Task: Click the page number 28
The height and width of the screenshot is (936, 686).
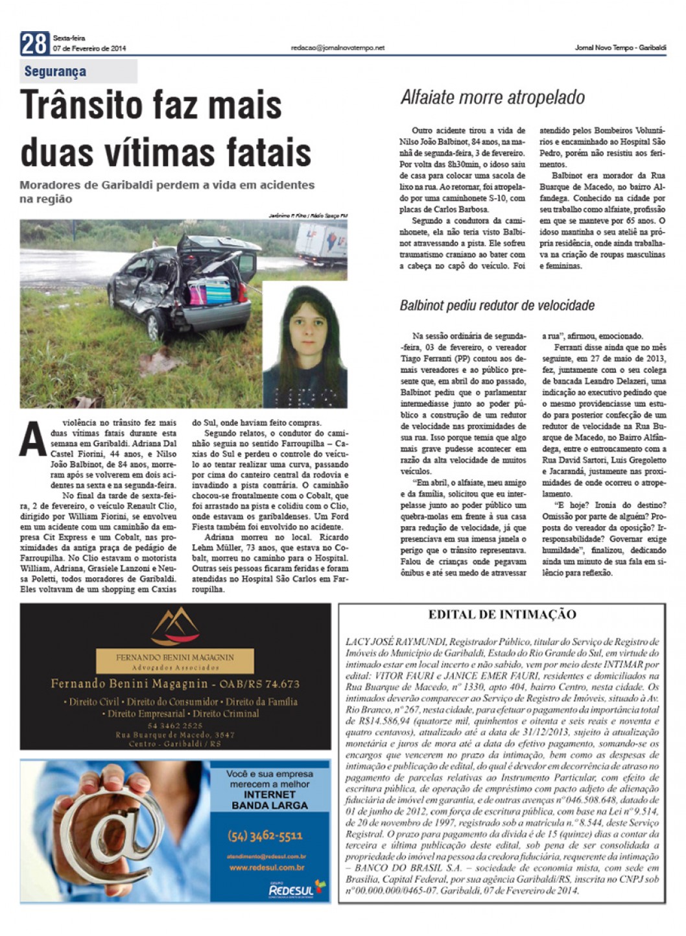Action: point(34,43)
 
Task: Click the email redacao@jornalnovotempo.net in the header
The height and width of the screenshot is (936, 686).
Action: point(337,48)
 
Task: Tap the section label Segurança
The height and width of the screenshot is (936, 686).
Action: point(55,71)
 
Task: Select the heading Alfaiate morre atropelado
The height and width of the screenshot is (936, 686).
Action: point(492,97)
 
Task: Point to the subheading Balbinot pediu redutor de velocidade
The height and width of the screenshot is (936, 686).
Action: point(497,305)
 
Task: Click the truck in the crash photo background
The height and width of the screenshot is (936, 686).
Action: point(322,245)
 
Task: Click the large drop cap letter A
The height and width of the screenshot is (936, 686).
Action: point(33,438)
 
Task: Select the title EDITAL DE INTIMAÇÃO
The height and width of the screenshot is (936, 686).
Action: point(502,614)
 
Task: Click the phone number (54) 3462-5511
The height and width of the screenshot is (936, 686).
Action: point(265,835)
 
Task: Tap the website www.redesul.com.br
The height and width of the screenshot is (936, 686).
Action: point(267,867)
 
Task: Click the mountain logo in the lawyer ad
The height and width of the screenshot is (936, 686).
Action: point(174,626)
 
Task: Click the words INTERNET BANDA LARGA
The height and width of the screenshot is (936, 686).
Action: point(270,800)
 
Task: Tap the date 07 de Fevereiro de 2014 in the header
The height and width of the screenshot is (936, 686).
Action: point(90,49)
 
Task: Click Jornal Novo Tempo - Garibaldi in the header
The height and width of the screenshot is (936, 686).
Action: point(620,48)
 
